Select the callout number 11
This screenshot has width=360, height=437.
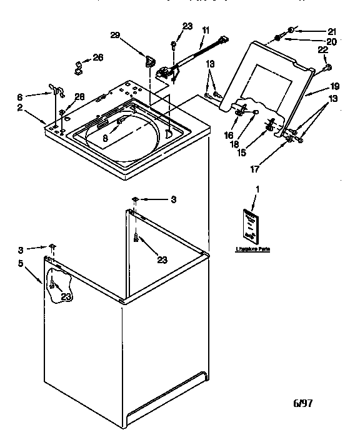pyautogui.click(x=206, y=29)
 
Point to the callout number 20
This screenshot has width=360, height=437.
pyautogui.click(x=332, y=41)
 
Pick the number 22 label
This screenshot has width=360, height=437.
pyautogui.click(x=323, y=50)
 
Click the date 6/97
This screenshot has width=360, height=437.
pyautogui.click(x=302, y=403)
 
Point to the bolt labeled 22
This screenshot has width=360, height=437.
pyautogui.click(x=327, y=66)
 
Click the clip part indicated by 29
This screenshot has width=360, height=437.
pyautogui.click(x=150, y=61)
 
